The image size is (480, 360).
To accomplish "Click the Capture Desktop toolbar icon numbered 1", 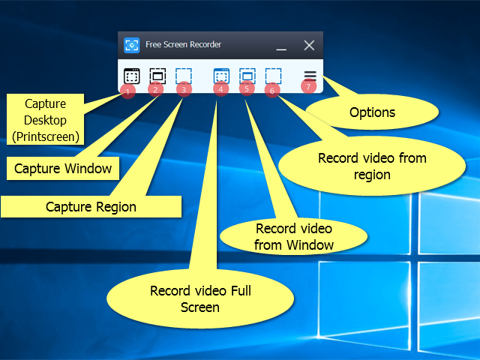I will (131, 76).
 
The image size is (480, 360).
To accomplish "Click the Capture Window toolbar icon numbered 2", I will (157, 76).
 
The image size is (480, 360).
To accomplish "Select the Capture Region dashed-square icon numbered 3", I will (184, 76).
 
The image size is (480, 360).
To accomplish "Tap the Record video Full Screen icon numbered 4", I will (221, 76).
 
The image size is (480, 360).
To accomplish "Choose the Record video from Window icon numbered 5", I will (247, 76).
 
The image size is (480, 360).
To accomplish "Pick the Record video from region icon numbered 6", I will (273, 76).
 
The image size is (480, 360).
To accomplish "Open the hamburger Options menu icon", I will (310, 76).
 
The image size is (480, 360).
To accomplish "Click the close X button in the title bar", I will (309, 46).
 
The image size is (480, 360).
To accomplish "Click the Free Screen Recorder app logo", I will (131, 46).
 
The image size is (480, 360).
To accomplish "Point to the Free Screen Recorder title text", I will (183, 46).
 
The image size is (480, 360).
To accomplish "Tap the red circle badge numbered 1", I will (127, 91).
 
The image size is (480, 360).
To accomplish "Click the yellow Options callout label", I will (373, 112).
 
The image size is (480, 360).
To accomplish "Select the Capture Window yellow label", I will (63, 168).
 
